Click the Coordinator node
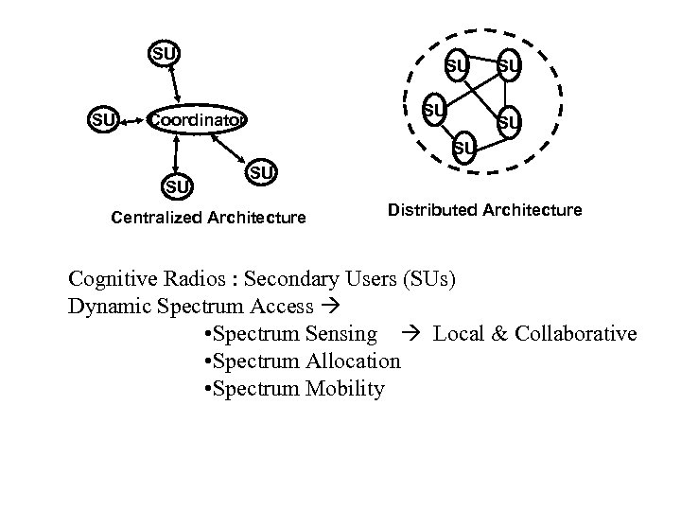198,120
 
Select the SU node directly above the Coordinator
164,53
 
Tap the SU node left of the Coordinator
103,120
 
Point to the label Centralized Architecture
208,218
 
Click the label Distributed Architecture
484,210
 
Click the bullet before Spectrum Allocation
207,361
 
